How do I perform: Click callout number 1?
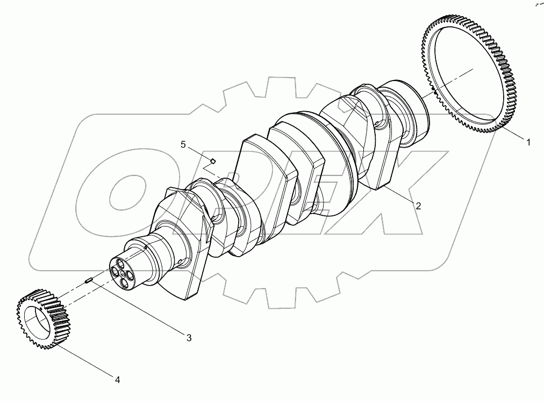(x=528, y=142)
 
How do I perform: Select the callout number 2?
(x=418, y=205)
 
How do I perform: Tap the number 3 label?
(x=189, y=337)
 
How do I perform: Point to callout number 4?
(x=117, y=380)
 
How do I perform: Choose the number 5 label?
(x=183, y=144)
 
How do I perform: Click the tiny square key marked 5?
(x=213, y=160)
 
